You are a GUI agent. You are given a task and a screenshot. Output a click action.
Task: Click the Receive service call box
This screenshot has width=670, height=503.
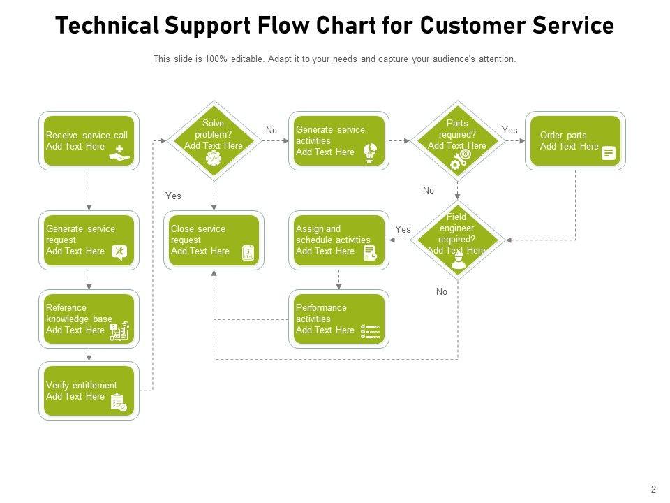pyautogui.click(x=89, y=140)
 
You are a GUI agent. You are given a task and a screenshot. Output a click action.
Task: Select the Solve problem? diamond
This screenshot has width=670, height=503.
pyautogui.click(x=214, y=140)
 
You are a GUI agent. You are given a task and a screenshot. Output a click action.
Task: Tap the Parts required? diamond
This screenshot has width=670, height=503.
pyautogui.click(x=457, y=140)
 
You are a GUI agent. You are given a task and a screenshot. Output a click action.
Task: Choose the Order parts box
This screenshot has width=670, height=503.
pyautogui.click(x=575, y=140)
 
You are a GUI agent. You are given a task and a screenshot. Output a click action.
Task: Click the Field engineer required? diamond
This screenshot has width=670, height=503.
pyautogui.click(x=457, y=240)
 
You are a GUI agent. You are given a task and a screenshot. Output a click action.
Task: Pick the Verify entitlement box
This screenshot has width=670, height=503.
pyautogui.click(x=89, y=391)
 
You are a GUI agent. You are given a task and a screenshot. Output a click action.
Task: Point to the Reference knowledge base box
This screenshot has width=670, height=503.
pyautogui.click(x=89, y=319)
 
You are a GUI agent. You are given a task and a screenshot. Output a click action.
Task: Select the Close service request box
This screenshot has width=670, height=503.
pyautogui.click(x=214, y=240)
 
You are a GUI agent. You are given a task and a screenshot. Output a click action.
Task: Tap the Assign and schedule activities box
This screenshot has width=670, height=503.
pyautogui.click(x=338, y=240)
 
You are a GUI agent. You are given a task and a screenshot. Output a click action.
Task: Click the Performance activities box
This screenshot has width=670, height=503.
pyautogui.click(x=338, y=319)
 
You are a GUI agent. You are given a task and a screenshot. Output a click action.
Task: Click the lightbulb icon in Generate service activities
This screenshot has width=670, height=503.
pyautogui.click(x=371, y=154)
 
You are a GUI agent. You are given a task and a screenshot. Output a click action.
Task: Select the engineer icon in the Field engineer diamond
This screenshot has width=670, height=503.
pyautogui.click(x=458, y=261)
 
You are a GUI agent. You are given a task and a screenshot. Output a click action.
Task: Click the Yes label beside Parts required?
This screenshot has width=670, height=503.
pyautogui.click(x=510, y=131)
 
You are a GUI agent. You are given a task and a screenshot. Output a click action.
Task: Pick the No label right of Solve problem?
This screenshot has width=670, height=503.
pyautogui.click(x=271, y=131)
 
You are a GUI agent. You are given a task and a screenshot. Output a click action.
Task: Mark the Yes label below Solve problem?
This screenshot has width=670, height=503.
pyautogui.click(x=173, y=196)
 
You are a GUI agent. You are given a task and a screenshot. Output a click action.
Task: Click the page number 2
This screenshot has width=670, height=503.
pyautogui.click(x=654, y=490)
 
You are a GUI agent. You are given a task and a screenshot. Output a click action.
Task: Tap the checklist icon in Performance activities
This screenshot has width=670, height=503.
pyautogui.click(x=371, y=332)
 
